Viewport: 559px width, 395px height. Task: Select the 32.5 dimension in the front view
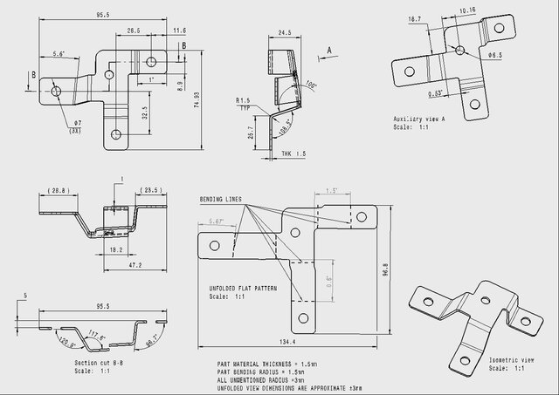(x=144, y=113)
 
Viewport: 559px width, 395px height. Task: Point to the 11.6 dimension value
(x=180, y=30)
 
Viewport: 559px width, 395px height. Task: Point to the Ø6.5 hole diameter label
(x=494, y=55)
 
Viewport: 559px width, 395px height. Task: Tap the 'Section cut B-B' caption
(x=98, y=363)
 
